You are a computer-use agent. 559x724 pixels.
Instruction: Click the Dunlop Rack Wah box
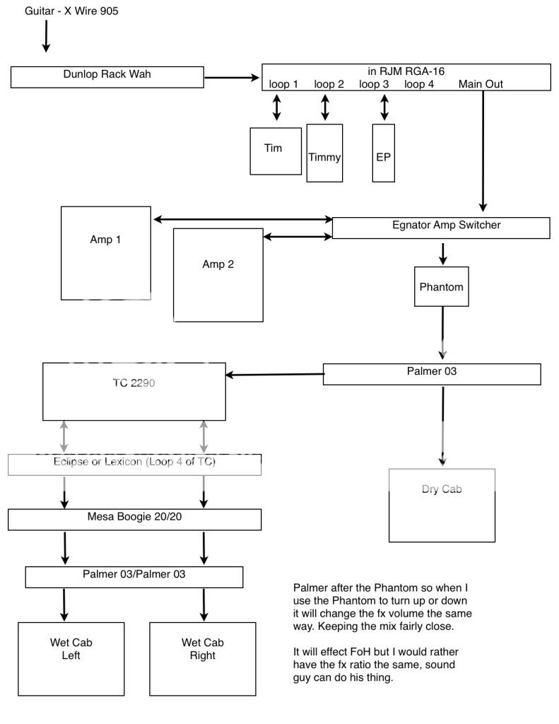pyautogui.click(x=107, y=76)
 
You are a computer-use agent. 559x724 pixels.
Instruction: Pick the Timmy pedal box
pyautogui.click(x=324, y=153)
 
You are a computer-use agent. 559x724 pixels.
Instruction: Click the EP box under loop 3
pyautogui.click(x=384, y=153)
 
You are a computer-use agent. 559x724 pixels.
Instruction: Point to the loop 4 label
pyautogui.click(x=419, y=85)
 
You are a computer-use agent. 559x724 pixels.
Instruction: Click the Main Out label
pyautogui.click(x=481, y=85)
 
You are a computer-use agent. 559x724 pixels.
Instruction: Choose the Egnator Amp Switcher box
pyautogui.click(x=441, y=227)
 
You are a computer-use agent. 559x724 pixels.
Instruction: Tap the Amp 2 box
pyautogui.click(x=218, y=274)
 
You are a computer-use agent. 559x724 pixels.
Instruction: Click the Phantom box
pyautogui.click(x=442, y=286)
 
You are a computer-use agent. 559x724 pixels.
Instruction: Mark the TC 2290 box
pyautogui.click(x=134, y=392)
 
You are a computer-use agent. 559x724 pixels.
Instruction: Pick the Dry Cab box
pyautogui.click(x=441, y=505)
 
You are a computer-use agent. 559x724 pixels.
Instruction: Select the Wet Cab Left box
pyautogui.click(x=71, y=659)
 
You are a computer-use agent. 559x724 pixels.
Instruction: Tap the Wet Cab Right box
pyautogui.click(x=203, y=659)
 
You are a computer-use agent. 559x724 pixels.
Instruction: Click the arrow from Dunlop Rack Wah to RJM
pyautogui.click(x=233, y=76)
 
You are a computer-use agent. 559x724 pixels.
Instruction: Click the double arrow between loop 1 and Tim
pyautogui.click(x=276, y=108)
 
